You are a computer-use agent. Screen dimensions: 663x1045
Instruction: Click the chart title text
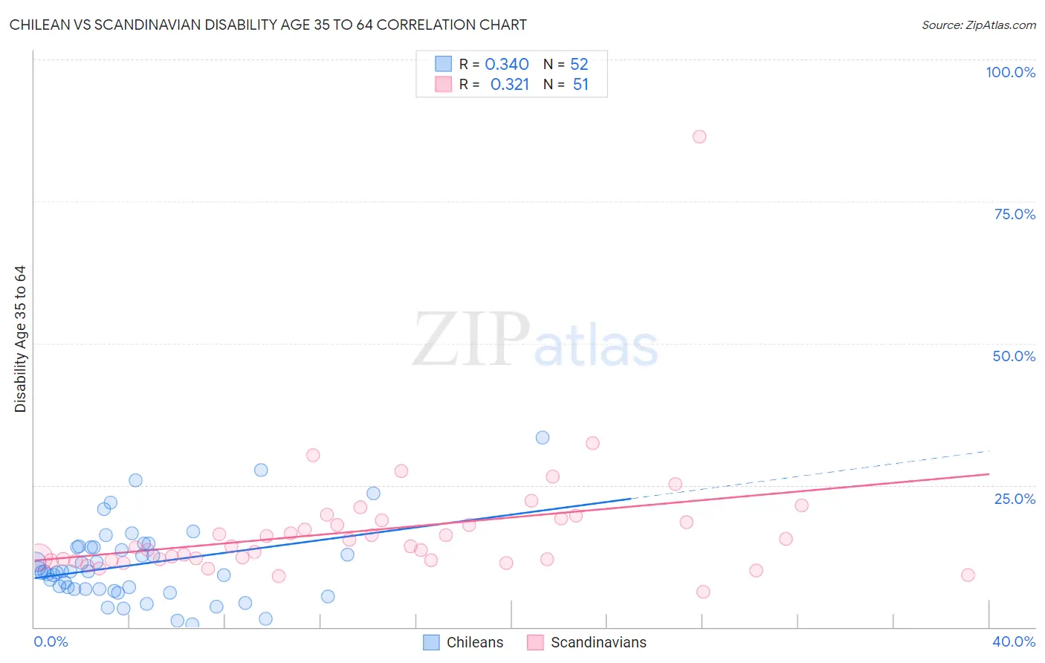pos(268,25)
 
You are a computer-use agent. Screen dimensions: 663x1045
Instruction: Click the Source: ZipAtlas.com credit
pos(978,25)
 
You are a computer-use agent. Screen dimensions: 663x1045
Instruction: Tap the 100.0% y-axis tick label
pos(1010,72)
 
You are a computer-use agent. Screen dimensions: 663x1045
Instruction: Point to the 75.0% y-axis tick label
pos(1015,214)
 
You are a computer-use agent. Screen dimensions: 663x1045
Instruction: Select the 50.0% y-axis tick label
pos(1014,356)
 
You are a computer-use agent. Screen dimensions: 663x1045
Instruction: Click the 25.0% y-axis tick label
pos(1015,498)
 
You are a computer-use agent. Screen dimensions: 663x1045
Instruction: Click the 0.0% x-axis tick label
pos(51,641)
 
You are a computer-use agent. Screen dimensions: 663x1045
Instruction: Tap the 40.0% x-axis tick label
pos(1013,641)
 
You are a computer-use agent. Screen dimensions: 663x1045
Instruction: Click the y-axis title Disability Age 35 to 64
pos(20,339)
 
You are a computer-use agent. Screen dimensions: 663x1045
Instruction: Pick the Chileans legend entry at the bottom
pos(463,642)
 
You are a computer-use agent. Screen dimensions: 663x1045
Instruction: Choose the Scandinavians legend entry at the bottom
pos(587,642)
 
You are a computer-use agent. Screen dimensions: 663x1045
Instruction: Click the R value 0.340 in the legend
pos(507,65)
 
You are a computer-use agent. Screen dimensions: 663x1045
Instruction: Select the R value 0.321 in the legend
pos(510,85)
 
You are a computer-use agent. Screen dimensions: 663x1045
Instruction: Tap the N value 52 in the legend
pos(579,65)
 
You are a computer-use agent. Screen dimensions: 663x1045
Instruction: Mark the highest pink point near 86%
pos(699,137)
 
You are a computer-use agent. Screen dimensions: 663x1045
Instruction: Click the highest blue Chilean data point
pos(543,438)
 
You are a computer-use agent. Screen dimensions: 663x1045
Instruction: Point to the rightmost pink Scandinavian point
pos(968,575)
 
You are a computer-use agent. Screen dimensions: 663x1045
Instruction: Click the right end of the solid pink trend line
pos(989,473)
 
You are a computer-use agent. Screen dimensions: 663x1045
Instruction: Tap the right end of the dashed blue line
pos(989,451)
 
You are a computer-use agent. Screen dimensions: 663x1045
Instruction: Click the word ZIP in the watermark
pos(470,340)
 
